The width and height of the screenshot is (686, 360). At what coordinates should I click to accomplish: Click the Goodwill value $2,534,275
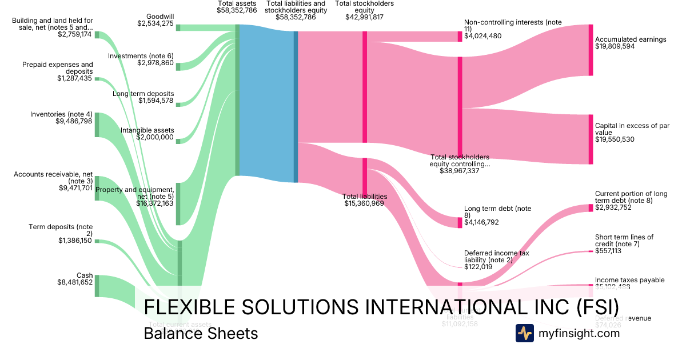155,23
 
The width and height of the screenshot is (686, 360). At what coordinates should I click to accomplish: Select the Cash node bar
97,286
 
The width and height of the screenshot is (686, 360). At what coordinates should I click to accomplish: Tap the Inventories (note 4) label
61,114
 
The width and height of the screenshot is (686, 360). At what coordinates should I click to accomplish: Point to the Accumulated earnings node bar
591,50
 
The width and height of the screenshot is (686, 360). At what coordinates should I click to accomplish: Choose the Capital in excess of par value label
632,129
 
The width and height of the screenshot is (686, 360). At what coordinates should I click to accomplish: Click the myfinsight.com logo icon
524,333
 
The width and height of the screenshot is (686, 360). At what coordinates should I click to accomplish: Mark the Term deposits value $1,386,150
75,241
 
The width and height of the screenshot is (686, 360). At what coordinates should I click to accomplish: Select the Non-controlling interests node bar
460,37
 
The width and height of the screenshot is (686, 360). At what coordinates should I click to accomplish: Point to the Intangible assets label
147,130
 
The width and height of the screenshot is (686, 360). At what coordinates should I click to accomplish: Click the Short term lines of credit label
624,241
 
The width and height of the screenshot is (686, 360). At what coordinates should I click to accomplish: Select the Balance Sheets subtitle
201,333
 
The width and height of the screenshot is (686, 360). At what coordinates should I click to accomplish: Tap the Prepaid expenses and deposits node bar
97,79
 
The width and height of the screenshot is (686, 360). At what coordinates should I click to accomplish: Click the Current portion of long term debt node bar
591,208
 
